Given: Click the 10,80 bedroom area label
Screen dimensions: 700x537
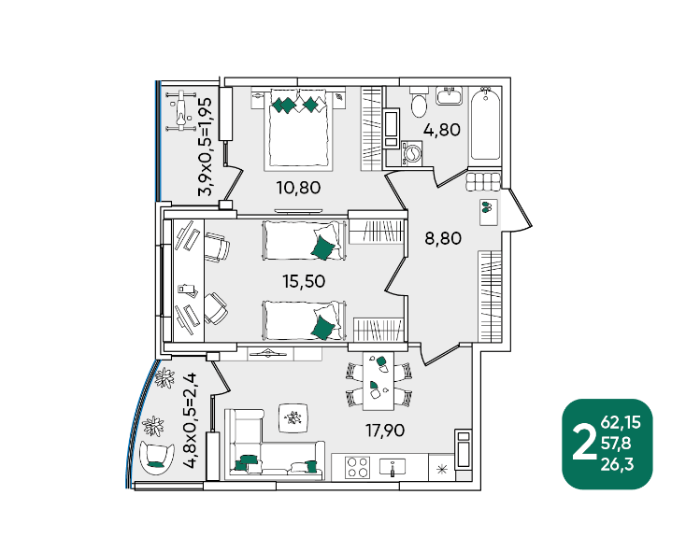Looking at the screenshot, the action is (299, 188).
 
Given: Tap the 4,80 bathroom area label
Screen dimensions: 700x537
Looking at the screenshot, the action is (442, 130).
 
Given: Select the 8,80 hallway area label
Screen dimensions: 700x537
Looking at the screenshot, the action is (443, 238).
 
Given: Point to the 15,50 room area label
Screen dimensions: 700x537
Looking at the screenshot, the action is (304, 281).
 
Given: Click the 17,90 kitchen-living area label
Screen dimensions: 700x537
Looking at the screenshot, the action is (385, 431).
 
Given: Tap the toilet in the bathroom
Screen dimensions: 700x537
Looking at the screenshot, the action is (419, 102).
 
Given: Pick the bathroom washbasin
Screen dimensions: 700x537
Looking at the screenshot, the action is (449, 95).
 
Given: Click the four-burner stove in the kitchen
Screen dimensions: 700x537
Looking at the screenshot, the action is (358, 467).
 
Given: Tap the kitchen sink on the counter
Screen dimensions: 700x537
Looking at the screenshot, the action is (393, 467).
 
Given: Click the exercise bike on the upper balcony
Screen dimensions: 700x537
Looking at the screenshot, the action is (180, 111).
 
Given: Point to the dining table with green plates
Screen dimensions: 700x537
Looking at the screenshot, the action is (379, 381).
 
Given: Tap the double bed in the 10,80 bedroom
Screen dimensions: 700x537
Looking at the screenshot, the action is (299, 128).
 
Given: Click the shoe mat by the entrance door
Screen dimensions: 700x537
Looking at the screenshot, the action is (489, 212).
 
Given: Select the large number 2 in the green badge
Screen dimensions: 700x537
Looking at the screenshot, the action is (585, 443).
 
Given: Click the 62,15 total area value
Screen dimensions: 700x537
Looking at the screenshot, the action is (621, 422).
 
